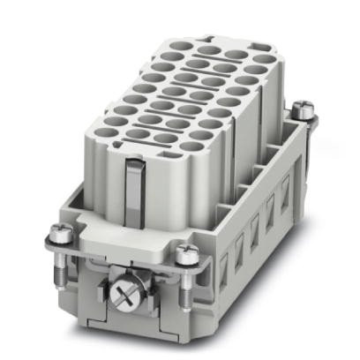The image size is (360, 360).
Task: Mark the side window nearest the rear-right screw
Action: click(x=284, y=187)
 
